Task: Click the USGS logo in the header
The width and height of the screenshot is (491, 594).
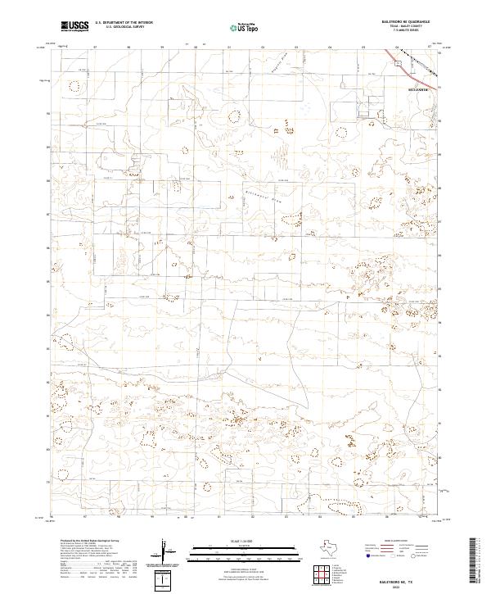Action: (75, 27)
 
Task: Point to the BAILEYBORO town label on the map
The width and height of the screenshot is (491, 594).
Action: (418, 84)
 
